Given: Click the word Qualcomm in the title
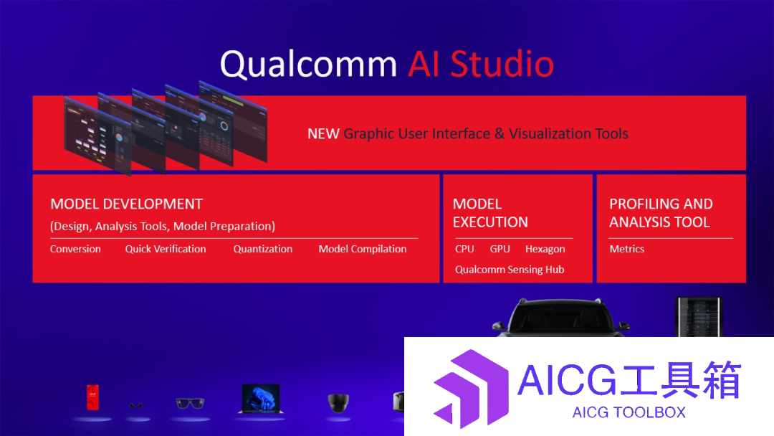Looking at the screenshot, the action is (x=308, y=65).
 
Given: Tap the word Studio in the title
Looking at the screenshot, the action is (x=502, y=65).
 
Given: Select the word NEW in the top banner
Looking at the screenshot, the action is (x=323, y=134).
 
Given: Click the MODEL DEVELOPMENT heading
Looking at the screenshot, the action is (x=126, y=204).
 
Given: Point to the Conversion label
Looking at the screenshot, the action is (x=75, y=249).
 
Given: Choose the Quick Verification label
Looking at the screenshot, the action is (x=166, y=249).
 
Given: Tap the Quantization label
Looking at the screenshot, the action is (x=262, y=249).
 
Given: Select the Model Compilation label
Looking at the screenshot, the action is (x=363, y=249).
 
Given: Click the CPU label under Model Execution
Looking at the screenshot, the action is (x=464, y=249).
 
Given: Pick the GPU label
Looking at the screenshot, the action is (x=500, y=249).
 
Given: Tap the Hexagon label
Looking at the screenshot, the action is (x=545, y=250).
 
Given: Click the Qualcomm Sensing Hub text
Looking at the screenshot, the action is (x=510, y=270).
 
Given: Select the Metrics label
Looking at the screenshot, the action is (x=627, y=249).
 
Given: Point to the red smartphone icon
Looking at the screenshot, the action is (x=92, y=397).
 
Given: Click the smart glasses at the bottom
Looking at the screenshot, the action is (x=190, y=404).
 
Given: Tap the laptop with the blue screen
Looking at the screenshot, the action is (x=261, y=399).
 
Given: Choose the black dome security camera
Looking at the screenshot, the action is (x=338, y=402).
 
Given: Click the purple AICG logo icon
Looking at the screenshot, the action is (x=471, y=389).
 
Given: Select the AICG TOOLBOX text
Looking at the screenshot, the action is (x=629, y=412).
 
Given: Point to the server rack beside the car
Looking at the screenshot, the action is (x=699, y=317).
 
